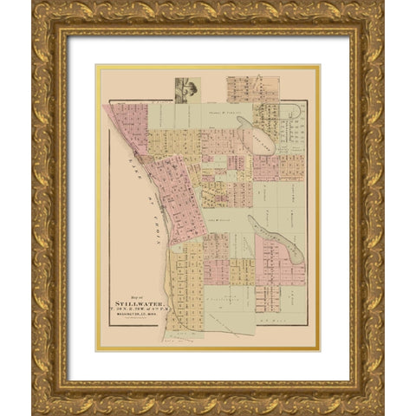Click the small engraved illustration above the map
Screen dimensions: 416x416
tap(184, 90)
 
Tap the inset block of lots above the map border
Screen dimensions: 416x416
tap(247, 89)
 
